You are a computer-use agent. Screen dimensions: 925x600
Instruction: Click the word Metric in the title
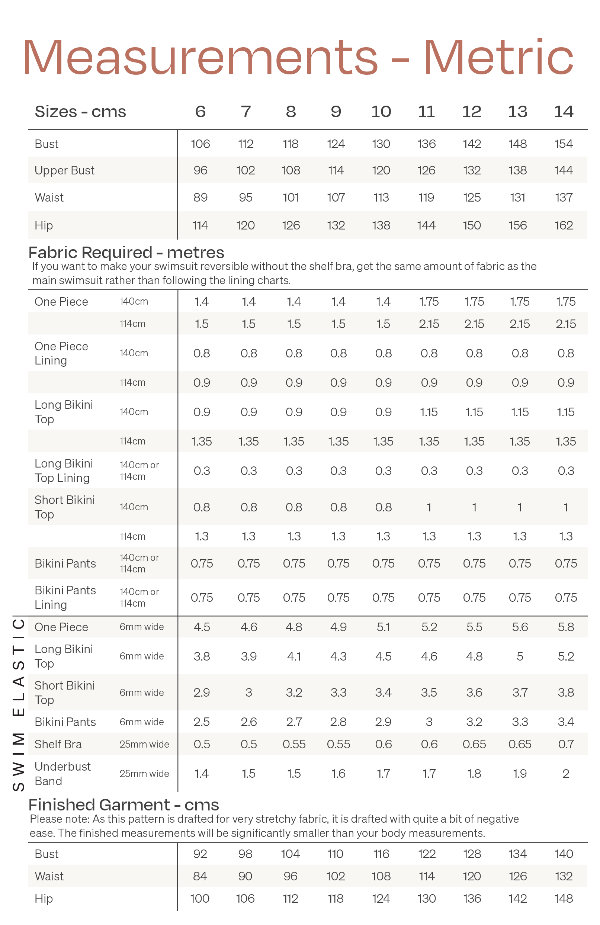pos(498,58)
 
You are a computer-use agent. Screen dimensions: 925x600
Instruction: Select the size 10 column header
pos(381,112)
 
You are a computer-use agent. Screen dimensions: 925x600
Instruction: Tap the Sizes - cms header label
pos(80,112)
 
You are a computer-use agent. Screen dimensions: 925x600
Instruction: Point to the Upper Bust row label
pos(64,170)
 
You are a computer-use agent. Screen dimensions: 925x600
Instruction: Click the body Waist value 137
pos(564,197)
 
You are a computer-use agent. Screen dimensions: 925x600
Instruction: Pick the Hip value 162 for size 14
pos(564,225)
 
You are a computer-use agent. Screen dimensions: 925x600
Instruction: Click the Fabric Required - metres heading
pos(126,253)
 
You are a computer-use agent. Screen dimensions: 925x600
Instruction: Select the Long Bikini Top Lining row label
pos(64,470)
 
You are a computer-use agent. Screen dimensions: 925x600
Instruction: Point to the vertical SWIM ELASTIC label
pos(19,703)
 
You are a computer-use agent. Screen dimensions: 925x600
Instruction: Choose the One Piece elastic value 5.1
pos(383,627)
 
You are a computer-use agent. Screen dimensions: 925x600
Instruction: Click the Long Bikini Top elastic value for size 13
pos(520,656)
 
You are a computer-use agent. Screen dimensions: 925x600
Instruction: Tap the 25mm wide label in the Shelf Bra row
pos(144,744)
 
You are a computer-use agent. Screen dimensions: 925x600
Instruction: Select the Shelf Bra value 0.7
pos(566,744)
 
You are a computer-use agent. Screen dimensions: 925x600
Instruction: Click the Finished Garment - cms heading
pos(123,804)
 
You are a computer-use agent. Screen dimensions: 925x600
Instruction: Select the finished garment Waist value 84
pos(200,876)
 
